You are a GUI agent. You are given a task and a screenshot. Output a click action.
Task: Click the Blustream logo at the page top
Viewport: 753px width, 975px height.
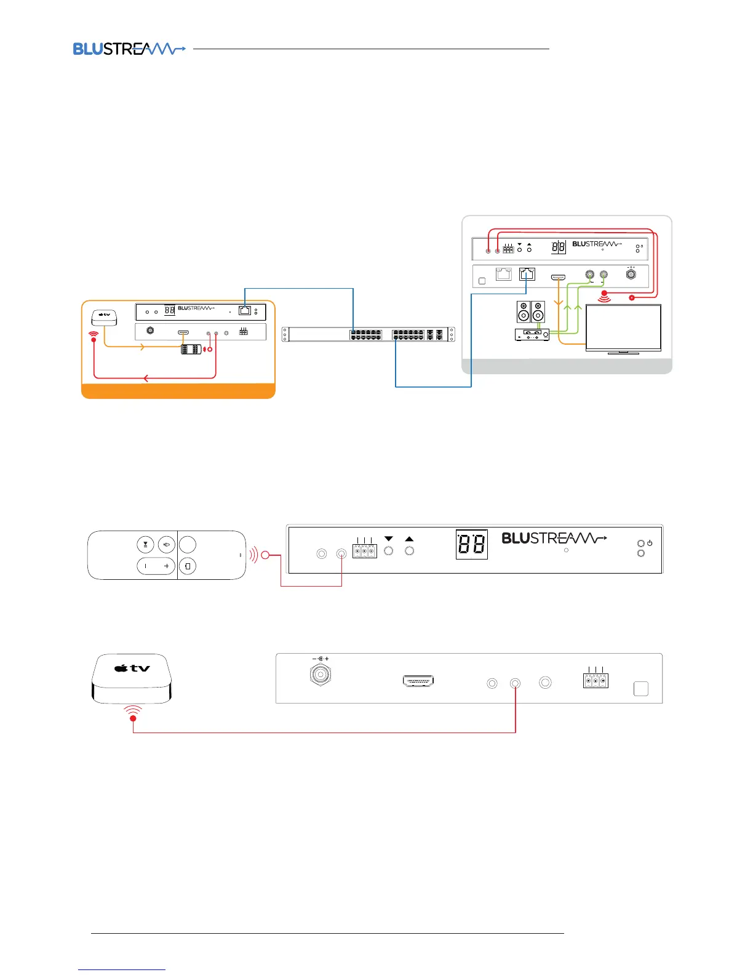tap(129, 49)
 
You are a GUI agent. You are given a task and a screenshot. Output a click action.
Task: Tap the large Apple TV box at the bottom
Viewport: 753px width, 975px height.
tap(132, 678)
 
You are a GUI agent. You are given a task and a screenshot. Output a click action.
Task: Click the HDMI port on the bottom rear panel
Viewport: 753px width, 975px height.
tap(418, 681)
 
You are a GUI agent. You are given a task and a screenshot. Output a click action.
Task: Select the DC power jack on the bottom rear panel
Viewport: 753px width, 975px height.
tap(320, 674)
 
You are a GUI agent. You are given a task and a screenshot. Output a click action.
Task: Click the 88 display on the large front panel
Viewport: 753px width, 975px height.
tap(471, 544)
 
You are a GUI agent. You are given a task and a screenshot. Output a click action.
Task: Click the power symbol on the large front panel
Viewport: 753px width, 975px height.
tap(650, 543)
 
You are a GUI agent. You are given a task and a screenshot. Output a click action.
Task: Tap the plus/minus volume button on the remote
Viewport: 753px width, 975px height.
tap(156, 566)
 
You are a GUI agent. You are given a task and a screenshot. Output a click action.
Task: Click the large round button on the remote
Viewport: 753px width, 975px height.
tap(187, 544)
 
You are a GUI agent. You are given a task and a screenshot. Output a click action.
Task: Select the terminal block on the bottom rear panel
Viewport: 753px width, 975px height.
tap(595, 680)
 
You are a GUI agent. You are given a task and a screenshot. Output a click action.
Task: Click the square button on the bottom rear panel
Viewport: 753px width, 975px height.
tap(640, 688)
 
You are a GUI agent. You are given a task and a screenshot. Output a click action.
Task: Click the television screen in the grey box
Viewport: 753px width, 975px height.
tap(623, 327)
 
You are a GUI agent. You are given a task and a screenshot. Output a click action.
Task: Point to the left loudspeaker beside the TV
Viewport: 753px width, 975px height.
tap(523, 311)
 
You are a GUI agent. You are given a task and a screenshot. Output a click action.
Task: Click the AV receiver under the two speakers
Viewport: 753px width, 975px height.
tap(532, 334)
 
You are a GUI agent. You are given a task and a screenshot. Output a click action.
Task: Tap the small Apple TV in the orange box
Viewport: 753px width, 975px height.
tap(105, 317)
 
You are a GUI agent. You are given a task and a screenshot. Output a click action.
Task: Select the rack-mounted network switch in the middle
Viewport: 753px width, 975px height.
tap(369, 334)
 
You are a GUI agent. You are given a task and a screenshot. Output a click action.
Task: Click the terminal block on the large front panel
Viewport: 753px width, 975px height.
tap(364, 550)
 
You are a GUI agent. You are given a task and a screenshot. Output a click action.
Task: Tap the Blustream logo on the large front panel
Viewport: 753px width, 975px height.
tap(554, 539)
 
